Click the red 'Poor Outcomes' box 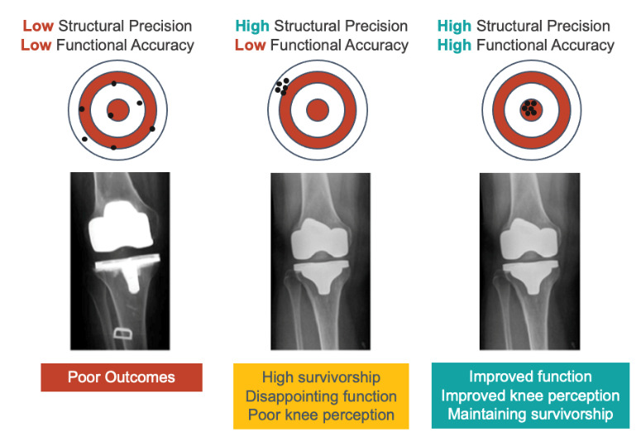click(122, 377)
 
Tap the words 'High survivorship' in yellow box click(320, 377)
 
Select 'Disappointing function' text click(320, 396)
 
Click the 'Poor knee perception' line click(320, 414)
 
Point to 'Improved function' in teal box click(530, 377)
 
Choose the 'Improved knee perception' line click(530, 395)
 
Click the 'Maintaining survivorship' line click(530, 413)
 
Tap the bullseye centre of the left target click(118, 110)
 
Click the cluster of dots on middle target click(281, 84)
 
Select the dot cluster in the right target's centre click(529, 108)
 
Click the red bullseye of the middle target click(317, 110)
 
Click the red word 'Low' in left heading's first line click(38, 26)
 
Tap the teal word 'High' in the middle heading click(251, 26)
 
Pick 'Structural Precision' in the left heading click(124, 26)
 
